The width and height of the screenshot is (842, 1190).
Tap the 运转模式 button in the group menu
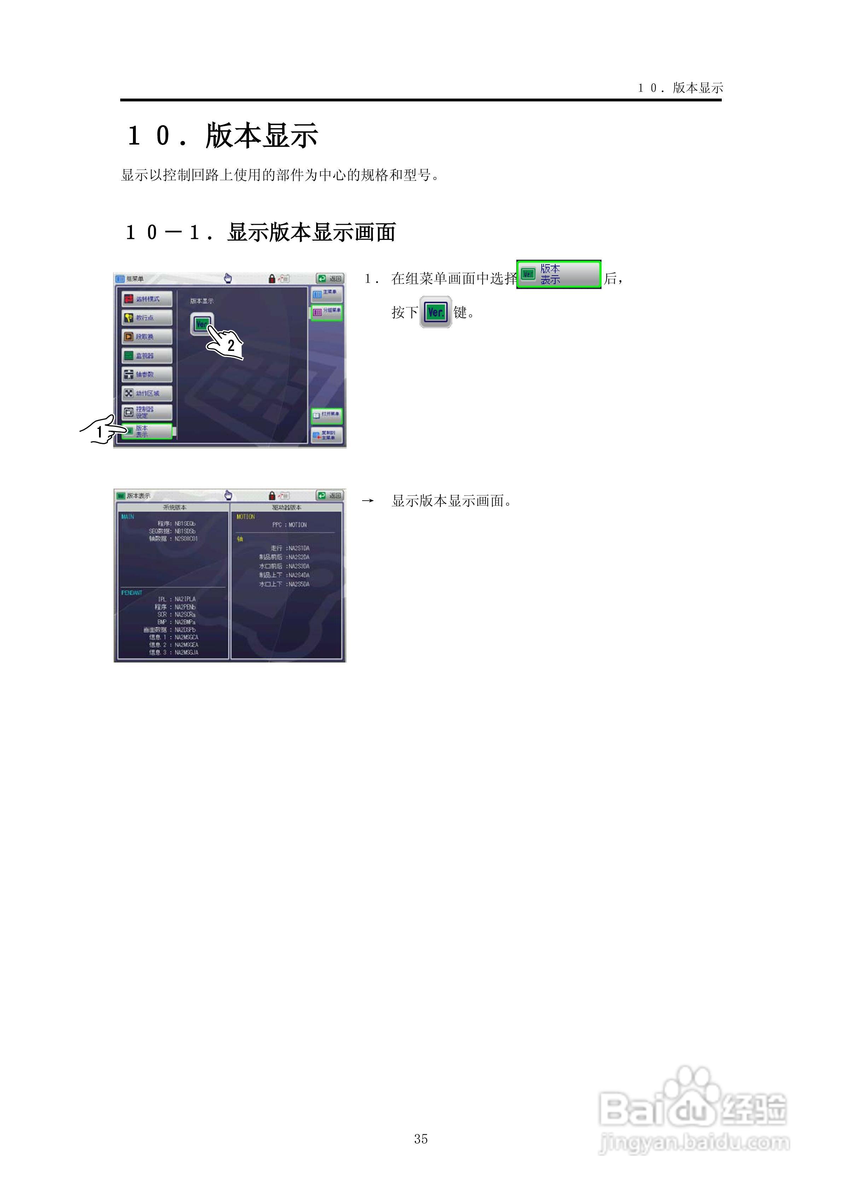pos(147,299)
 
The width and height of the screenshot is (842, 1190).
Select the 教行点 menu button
pos(147,318)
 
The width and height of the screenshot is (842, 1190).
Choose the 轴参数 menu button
pos(147,374)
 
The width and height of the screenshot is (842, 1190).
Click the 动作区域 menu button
pos(147,393)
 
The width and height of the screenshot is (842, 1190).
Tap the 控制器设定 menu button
pos(147,412)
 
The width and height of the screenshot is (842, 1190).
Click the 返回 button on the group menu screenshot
pos(330,279)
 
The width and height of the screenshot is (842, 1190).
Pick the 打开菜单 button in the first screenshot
pos(326,415)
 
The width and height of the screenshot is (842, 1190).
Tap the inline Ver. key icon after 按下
pos(435,312)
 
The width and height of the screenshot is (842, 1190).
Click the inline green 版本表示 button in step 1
pos(559,274)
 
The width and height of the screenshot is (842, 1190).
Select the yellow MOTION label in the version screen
pos(245,517)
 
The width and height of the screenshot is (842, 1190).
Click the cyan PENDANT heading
pos(132,593)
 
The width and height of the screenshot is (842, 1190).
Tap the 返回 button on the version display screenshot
pos(330,495)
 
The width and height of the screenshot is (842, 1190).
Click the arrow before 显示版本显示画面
pos(368,501)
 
